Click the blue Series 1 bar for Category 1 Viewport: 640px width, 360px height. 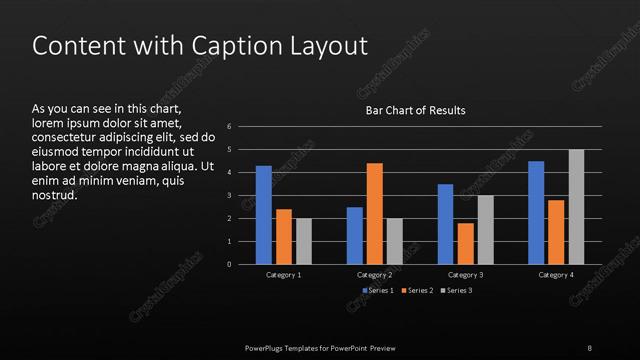(x=264, y=215)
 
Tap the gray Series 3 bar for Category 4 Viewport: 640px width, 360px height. (x=576, y=207)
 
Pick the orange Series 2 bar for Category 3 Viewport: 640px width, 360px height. (x=465, y=243)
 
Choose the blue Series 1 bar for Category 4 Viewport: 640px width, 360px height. (x=536, y=212)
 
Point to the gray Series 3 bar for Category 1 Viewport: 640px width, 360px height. (x=304, y=241)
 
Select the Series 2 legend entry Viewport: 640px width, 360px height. (x=417, y=290)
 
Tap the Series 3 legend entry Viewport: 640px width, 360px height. (x=456, y=290)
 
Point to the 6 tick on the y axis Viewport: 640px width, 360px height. (x=229, y=127)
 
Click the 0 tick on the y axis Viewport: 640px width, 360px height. (x=229, y=265)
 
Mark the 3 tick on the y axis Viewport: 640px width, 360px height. (x=229, y=196)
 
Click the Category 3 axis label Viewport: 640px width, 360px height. (x=466, y=274)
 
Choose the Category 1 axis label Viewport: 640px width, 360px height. (x=284, y=274)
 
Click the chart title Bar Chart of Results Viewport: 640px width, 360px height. (x=414, y=110)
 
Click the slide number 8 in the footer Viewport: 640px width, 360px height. (x=589, y=347)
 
